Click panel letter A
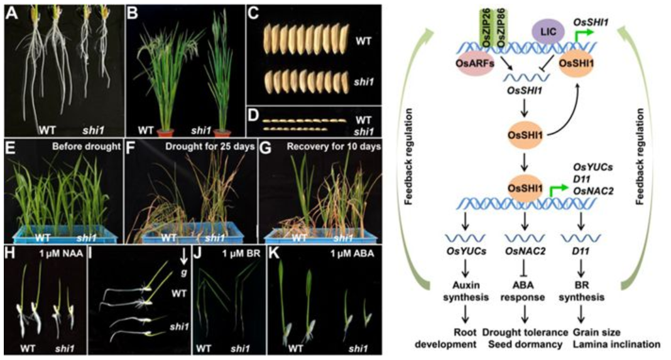pos(10,13)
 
